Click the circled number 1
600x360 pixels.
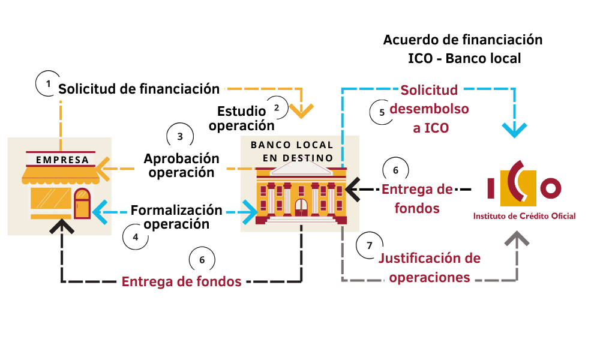click(x=49, y=83)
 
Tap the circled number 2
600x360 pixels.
click(x=277, y=108)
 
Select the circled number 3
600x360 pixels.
click(x=180, y=136)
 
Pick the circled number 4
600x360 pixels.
click(x=136, y=237)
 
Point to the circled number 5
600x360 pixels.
click(x=382, y=112)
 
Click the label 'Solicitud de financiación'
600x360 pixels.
click(x=139, y=89)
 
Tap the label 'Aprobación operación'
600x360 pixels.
click(x=181, y=165)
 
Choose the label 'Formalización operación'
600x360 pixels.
click(x=176, y=217)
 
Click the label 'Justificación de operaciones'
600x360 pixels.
click(x=430, y=268)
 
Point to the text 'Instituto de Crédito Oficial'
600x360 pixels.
click(x=524, y=216)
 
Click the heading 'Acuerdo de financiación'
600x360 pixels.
click(x=463, y=40)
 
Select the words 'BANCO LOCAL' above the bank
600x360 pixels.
click(x=292, y=145)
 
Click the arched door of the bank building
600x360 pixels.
click(x=301, y=207)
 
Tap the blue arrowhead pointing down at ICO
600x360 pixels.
click(x=515, y=129)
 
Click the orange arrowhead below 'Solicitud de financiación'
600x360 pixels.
click(x=301, y=110)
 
